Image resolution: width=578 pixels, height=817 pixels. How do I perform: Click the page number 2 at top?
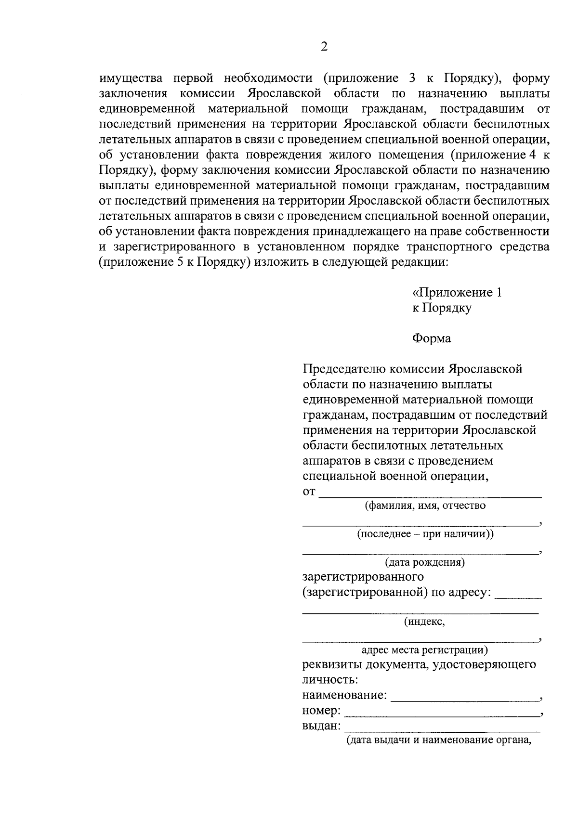point(324,47)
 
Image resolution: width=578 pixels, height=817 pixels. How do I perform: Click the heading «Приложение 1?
point(457,293)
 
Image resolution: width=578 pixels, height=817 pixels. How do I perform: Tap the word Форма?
point(431,338)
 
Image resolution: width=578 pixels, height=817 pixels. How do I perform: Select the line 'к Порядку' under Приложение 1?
point(441,308)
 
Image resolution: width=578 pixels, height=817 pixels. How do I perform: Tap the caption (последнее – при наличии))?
point(425,534)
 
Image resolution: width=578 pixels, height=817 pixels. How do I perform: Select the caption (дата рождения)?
point(424,562)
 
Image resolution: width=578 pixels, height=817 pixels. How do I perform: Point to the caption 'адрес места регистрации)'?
point(424,650)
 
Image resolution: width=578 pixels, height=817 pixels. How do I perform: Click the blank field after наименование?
point(465,697)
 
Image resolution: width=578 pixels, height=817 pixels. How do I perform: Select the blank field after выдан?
point(442,727)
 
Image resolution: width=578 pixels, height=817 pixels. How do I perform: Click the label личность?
point(330,680)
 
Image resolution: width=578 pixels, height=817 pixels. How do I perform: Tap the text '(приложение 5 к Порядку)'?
point(174,263)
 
